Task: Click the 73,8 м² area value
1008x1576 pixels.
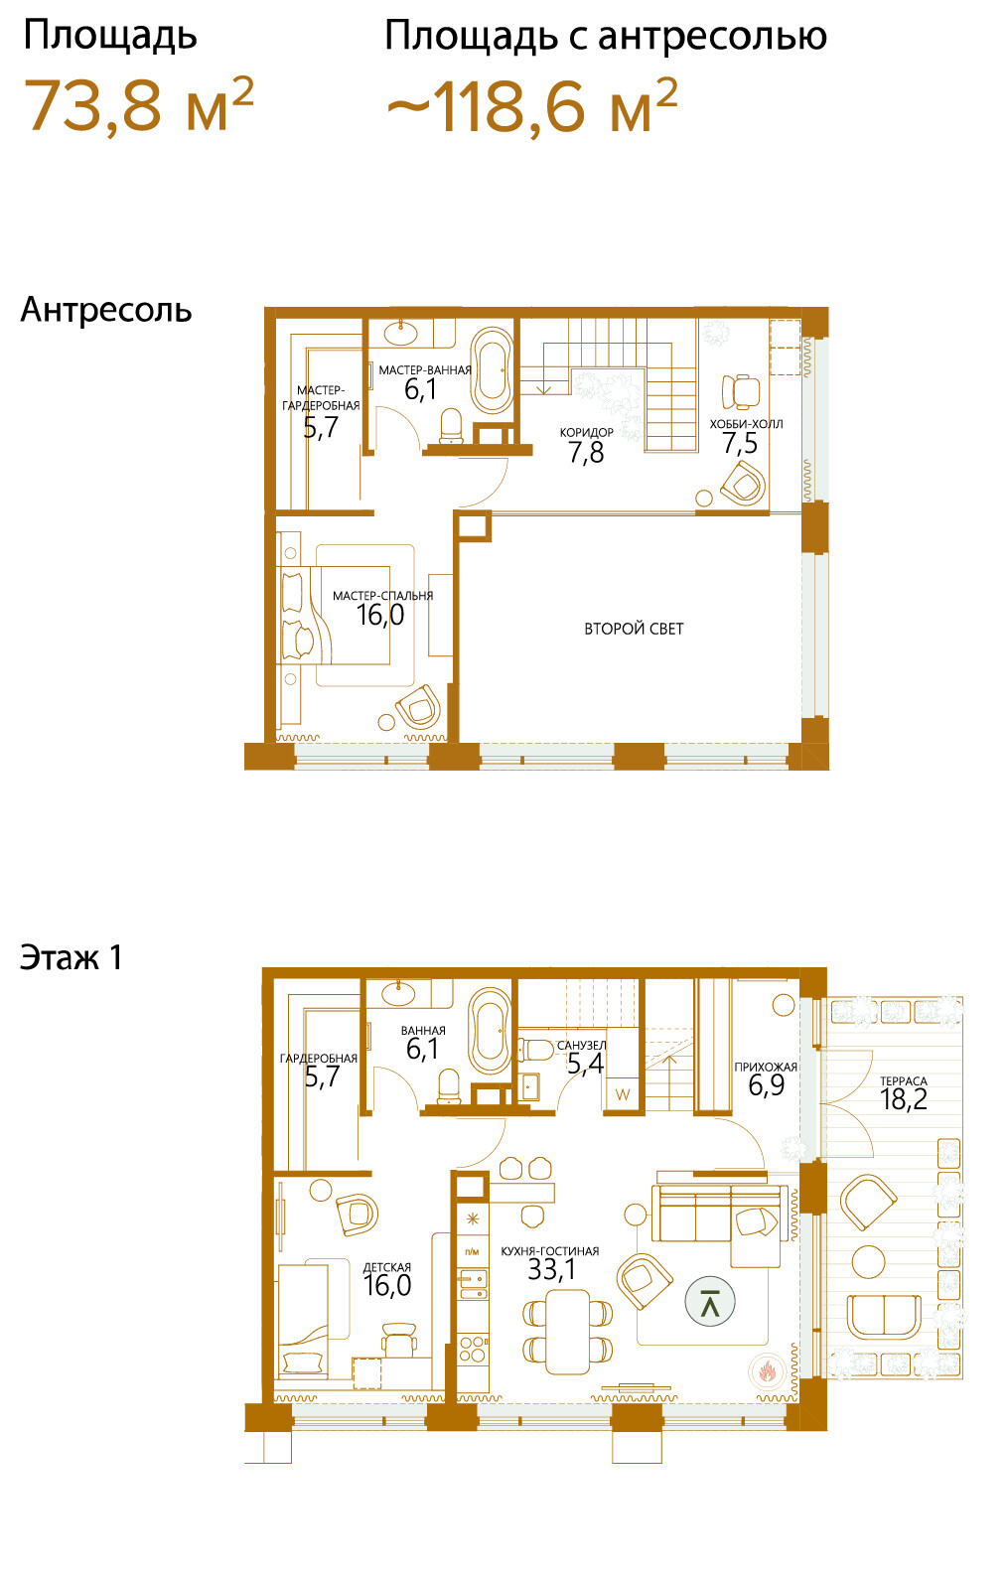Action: point(139,105)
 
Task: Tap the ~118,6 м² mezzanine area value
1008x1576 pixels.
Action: point(531,105)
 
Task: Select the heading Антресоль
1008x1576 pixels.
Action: point(106,310)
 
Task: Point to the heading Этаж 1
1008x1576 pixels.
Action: point(72,957)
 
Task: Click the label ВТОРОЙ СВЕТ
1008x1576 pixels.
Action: point(634,629)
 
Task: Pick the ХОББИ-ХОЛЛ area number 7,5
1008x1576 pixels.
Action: point(740,443)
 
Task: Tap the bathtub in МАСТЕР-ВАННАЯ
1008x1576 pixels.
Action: point(493,370)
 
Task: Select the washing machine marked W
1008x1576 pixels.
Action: point(623,1094)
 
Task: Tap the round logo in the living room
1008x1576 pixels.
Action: point(710,1301)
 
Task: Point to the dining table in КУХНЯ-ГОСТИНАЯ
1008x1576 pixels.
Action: point(568,1331)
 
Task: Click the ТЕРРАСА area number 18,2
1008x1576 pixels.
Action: point(903,1098)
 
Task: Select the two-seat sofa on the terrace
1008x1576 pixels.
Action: point(884,1318)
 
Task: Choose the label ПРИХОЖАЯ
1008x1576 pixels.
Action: point(766,1067)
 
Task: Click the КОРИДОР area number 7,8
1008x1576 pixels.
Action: point(586,453)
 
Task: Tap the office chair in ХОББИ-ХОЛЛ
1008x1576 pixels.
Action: point(741,391)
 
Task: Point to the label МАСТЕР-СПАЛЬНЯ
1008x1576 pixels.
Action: point(382,595)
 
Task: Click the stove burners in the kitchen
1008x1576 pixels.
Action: point(473,1351)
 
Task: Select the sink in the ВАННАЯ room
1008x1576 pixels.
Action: point(398,993)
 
